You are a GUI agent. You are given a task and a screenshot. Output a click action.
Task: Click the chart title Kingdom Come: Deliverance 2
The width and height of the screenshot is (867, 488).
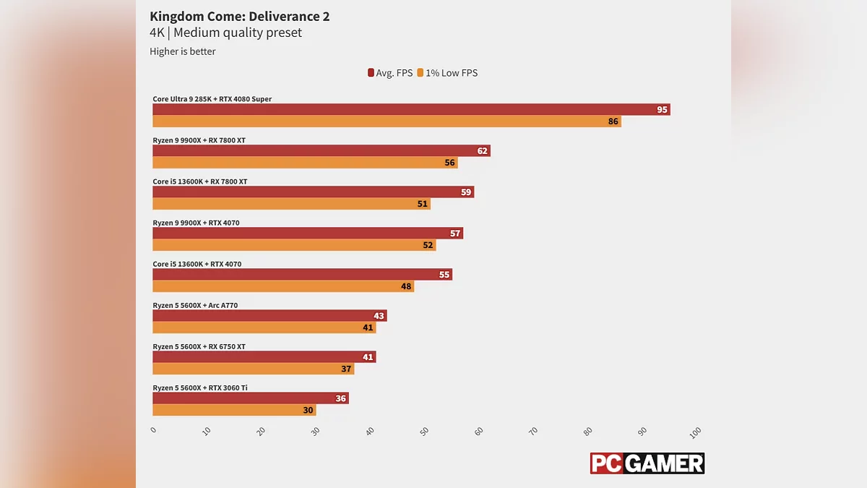click(x=239, y=16)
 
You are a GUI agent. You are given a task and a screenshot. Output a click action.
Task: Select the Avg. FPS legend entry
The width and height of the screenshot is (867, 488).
click(x=390, y=73)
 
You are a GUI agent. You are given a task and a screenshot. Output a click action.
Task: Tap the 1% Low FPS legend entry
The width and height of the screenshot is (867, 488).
click(x=447, y=73)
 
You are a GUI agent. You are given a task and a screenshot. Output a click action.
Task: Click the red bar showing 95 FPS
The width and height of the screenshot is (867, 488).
click(x=410, y=110)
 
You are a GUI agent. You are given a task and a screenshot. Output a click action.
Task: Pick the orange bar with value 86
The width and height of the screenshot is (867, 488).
click(x=387, y=121)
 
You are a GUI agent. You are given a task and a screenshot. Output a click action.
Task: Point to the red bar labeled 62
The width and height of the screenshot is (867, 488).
click(x=321, y=151)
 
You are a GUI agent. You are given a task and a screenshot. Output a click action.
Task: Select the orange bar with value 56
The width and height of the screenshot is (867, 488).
click(x=305, y=163)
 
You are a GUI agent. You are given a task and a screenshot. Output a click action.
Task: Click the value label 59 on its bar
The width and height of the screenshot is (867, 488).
click(x=466, y=192)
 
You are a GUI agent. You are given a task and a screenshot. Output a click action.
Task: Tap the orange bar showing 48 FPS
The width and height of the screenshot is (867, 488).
click(x=282, y=286)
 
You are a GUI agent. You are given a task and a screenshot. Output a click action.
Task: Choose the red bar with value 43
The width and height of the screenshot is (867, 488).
click(x=269, y=316)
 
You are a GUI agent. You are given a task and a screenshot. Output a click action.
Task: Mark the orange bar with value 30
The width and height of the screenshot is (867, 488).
click(x=234, y=410)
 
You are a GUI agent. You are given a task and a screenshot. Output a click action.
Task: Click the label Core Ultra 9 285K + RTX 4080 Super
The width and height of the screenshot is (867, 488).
click(x=212, y=99)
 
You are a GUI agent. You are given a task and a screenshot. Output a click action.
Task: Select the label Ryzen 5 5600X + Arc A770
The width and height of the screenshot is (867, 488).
click(x=195, y=305)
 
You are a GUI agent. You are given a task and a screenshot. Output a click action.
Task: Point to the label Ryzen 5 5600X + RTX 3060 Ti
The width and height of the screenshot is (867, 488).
click(x=200, y=388)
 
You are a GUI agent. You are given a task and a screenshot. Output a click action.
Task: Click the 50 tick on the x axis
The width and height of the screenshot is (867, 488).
click(x=424, y=432)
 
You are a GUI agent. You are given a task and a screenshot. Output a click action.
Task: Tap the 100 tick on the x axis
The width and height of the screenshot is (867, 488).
click(x=695, y=432)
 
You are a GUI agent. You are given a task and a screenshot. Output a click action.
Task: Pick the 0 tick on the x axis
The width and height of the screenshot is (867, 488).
click(x=153, y=431)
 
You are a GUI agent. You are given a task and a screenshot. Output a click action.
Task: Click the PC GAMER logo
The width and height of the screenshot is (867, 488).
click(x=647, y=463)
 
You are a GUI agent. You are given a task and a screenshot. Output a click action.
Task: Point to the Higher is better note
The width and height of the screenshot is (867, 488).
click(x=183, y=51)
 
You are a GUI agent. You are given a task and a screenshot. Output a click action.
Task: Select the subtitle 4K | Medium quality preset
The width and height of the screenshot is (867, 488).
click(x=225, y=33)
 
